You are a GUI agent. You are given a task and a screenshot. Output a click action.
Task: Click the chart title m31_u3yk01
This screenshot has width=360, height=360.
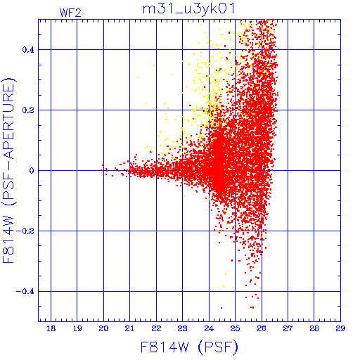coord(189,9)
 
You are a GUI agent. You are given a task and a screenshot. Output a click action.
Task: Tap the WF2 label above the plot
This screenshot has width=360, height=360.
coord(70,13)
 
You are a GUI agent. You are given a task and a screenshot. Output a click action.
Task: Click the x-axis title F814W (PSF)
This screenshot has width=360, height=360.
coord(189,347)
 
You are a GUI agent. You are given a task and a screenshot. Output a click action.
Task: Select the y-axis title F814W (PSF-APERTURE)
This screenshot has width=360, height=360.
coord(9,171)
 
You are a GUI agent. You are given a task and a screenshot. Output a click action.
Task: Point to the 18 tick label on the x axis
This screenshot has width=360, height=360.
coord(51,328)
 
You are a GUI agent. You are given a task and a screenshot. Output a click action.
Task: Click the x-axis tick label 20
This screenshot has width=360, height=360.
coord(103,328)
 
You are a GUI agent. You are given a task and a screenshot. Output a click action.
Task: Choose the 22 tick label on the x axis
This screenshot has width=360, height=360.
coord(156,328)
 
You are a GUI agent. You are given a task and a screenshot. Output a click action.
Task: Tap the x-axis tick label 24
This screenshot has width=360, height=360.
coord(209,328)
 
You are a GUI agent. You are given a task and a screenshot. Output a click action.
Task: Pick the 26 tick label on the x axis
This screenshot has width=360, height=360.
coord(262,328)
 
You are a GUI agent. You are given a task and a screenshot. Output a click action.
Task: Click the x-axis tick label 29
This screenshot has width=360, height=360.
coord(340,328)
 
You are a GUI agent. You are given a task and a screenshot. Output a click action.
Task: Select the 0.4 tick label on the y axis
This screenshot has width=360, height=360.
coord(28,50)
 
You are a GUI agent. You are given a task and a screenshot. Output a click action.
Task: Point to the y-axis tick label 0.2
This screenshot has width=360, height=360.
coord(28,110)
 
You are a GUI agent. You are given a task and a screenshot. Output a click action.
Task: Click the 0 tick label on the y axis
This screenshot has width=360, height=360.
coord(32,171)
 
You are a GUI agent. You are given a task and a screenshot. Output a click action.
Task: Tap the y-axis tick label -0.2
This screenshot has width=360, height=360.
coord(25,231)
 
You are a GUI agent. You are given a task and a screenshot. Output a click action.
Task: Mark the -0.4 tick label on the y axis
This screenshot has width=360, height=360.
coord(25,292)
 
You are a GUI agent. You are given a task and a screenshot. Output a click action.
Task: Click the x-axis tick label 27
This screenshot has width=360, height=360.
coord(288,328)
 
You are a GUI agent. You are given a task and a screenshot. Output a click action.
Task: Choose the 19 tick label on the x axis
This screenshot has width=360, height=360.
coord(77,328)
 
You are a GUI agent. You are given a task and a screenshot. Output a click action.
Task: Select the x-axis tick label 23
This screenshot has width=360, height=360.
coord(182,328)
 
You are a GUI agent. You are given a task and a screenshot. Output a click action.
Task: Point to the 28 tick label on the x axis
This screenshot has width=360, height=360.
coord(314,328)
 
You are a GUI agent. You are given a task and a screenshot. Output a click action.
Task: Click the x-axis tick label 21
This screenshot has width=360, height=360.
coord(129,328)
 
